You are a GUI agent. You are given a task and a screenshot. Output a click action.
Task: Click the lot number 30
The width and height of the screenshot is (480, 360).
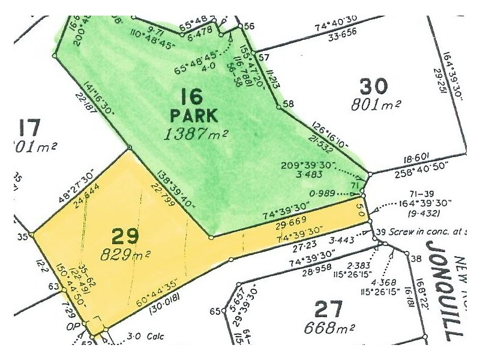373,86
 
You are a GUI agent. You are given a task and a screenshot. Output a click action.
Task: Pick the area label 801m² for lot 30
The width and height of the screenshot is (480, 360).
376,106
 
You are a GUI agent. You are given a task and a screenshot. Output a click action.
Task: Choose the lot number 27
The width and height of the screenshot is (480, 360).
328,310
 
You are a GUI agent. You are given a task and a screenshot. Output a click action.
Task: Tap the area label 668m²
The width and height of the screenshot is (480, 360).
329,329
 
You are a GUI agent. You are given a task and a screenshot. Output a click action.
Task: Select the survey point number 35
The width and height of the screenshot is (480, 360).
23,236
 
